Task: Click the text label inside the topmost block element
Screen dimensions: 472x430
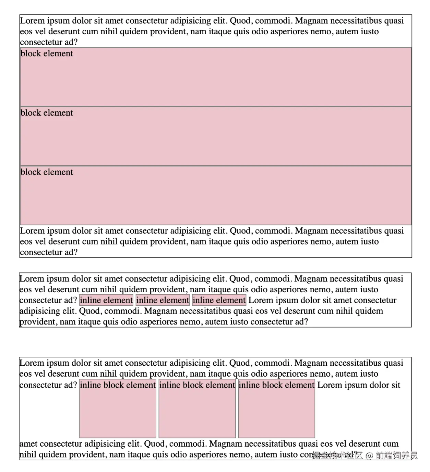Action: pos(47,54)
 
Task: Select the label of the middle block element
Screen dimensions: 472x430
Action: pos(47,113)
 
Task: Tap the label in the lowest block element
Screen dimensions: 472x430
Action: pos(47,172)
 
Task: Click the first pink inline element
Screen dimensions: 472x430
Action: pos(106,300)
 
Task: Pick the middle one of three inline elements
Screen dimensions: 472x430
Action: pos(163,300)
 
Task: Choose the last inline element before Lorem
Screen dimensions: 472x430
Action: pos(219,300)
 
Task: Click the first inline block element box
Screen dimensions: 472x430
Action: pos(118,408)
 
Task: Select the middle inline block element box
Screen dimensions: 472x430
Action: pos(197,408)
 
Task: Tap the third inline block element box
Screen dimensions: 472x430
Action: pos(276,408)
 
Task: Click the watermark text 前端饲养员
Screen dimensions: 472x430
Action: pos(396,456)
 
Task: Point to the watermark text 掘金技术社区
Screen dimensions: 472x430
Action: pos(337,456)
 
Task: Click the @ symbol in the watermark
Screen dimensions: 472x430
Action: pos(369,456)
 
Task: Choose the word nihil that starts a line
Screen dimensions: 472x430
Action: pos(27,455)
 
